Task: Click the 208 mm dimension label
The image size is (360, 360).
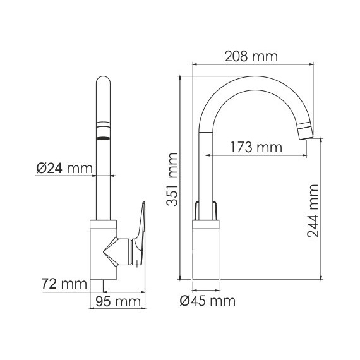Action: [x=251, y=56]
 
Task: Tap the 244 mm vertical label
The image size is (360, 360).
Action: [x=314, y=210]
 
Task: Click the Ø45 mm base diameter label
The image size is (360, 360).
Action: [x=207, y=301]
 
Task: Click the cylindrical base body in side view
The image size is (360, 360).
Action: [x=207, y=253]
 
